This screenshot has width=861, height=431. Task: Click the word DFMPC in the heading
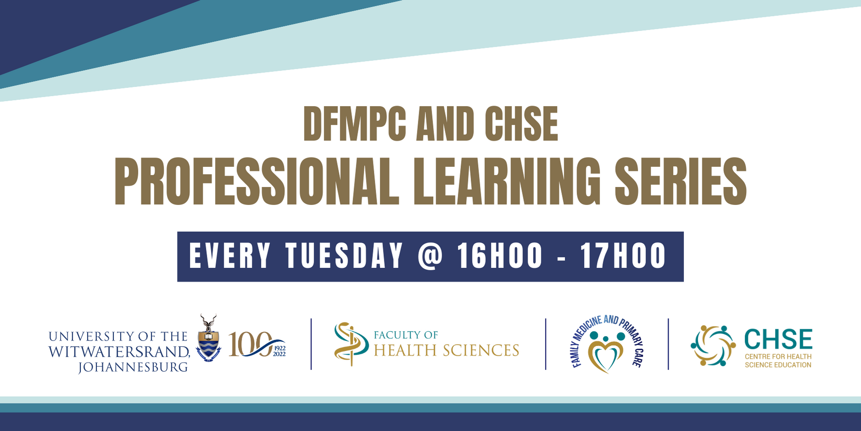tap(355, 124)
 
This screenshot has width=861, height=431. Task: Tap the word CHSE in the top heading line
tap(521, 124)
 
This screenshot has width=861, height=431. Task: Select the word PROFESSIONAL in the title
tap(257, 181)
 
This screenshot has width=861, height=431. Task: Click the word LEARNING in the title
tap(507, 181)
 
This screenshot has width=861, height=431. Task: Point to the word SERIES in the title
tap(681, 181)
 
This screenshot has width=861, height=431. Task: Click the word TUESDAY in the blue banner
tap(344, 256)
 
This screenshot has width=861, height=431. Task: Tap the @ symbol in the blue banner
tap(430, 256)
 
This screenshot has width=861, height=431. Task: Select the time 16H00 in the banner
tap(500, 256)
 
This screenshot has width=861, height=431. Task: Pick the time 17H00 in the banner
tap(623, 256)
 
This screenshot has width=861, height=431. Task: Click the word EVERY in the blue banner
tap(230, 256)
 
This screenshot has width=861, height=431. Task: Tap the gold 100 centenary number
tap(250, 344)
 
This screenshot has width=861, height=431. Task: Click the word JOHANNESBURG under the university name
tap(133, 367)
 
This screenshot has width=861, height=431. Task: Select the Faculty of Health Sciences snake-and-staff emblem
tap(350, 344)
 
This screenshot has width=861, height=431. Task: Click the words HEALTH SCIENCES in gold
tap(446, 351)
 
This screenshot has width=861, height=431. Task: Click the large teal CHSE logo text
tap(778, 340)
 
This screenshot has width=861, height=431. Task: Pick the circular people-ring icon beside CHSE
tap(713, 346)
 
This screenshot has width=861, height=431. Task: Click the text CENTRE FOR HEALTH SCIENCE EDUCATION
tap(778, 361)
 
